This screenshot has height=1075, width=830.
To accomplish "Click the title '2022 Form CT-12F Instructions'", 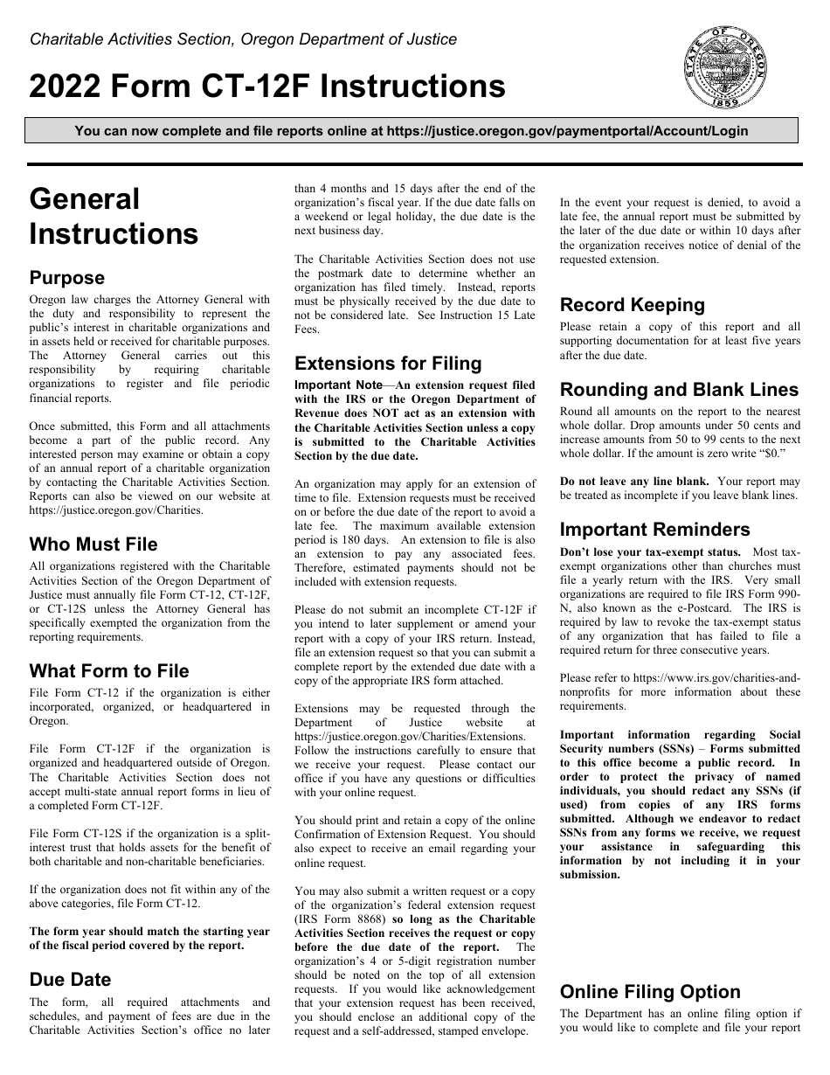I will tap(267, 87).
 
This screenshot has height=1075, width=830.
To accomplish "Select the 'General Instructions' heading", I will tap(114, 216).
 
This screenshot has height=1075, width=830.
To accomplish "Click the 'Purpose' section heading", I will tap(67, 278).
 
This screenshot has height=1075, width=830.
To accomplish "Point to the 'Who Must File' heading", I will tap(93, 544).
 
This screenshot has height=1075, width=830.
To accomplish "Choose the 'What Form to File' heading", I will tap(109, 671).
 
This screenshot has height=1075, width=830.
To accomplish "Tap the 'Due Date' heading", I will tap(71, 980).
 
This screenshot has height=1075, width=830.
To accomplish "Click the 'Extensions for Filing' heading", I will tap(388, 364).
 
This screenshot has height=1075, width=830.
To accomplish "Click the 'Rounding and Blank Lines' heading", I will tap(679, 390).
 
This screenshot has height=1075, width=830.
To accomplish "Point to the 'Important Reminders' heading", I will tap(654, 530).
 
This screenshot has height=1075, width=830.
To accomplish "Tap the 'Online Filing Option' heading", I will tap(650, 992).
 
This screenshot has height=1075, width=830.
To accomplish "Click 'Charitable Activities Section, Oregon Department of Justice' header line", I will tap(243, 39).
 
